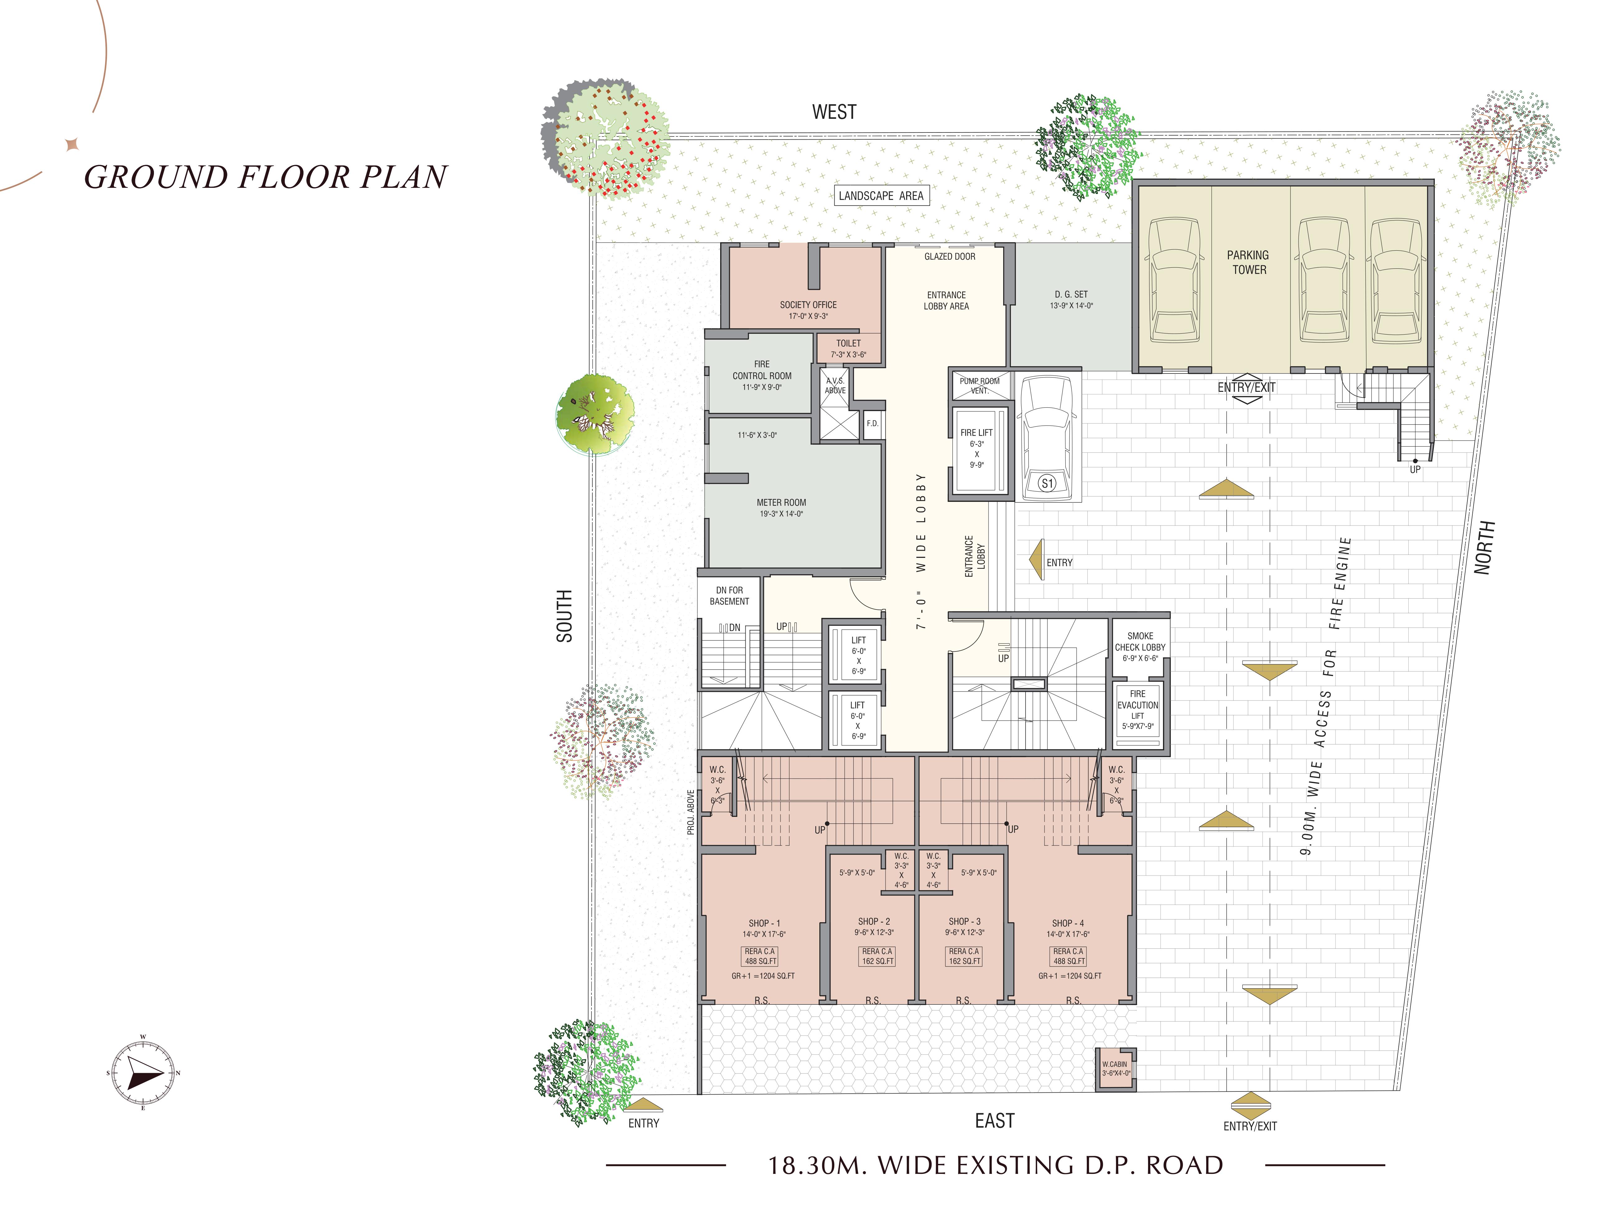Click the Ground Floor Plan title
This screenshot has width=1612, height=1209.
point(266,177)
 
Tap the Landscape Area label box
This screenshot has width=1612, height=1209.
point(881,195)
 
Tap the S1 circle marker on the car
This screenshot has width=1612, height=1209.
point(1047,483)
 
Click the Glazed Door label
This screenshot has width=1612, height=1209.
point(950,257)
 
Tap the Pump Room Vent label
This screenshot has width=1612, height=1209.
point(980,386)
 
